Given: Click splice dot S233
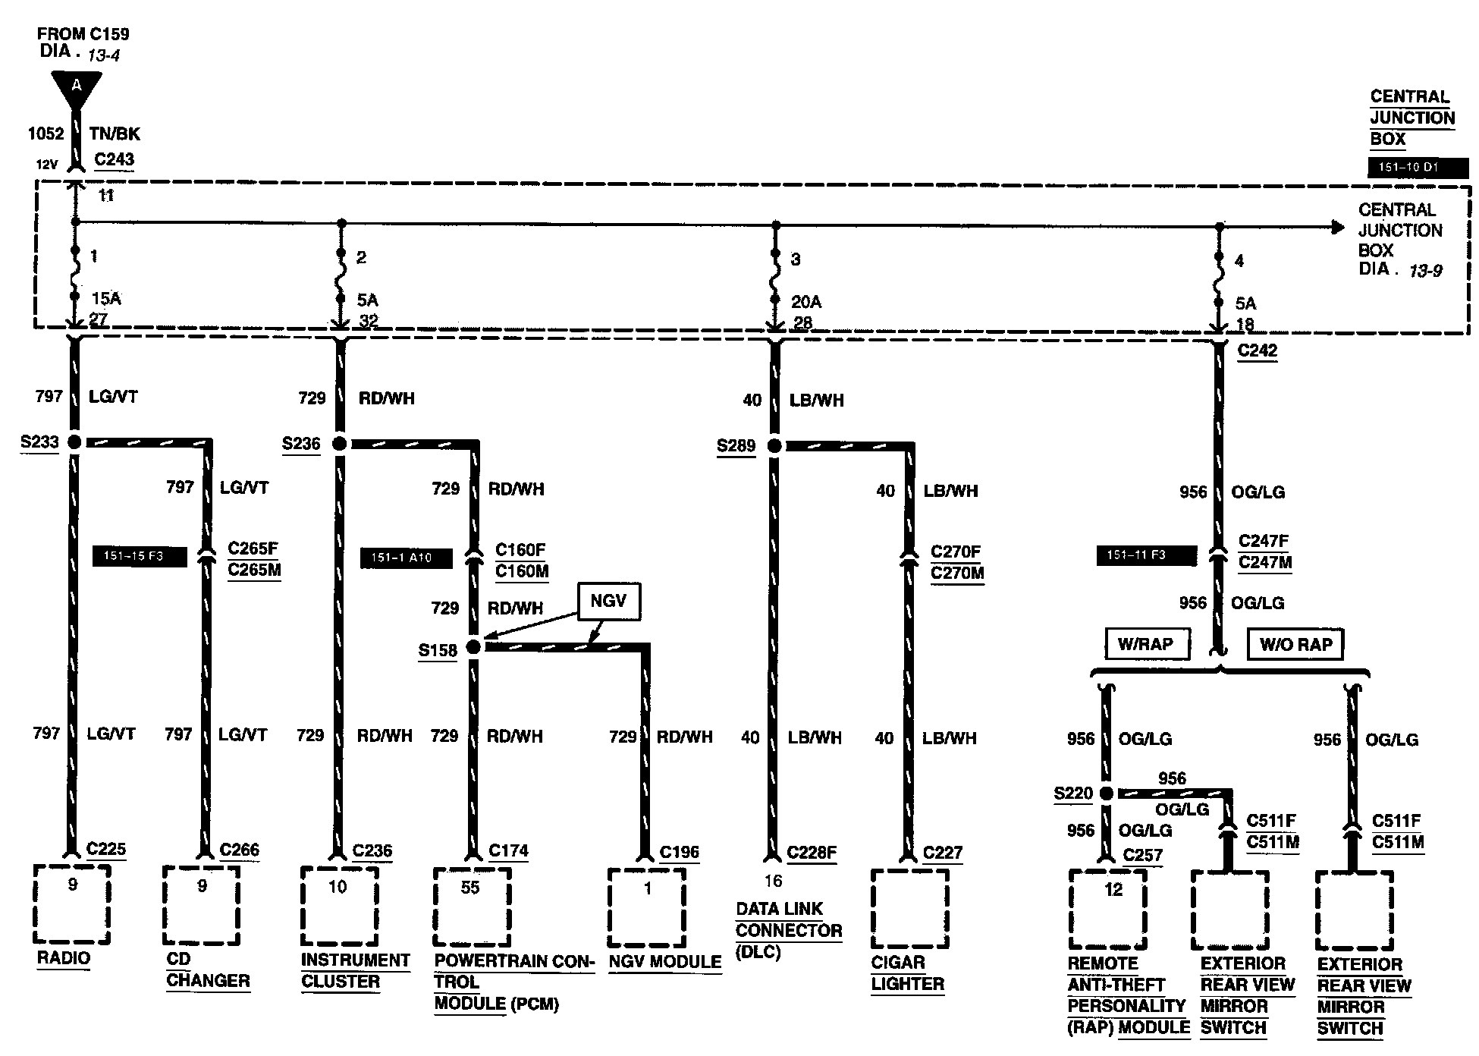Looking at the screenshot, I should click(74, 442).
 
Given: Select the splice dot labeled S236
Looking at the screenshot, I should click(340, 444).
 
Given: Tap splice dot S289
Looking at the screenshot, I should click(774, 446).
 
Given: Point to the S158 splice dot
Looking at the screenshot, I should click(473, 647).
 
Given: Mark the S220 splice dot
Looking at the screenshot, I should click(1106, 794).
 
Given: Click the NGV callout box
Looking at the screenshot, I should click(608, 601).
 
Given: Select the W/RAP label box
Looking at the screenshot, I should click(1145, 644).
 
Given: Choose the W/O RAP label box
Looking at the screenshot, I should click(1296, 644).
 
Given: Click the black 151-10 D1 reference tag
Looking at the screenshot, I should click(1417, 168).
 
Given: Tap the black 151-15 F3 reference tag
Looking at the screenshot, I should click(139, 556).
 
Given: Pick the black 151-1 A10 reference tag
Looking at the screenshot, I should click(407, 558).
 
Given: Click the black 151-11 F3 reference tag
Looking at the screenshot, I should click(1146, 555).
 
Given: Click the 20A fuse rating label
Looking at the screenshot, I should click(806, 302).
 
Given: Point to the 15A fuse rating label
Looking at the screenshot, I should click(106, 299).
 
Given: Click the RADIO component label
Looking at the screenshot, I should click(64, 958).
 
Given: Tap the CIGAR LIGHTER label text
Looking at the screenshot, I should click(908, 973).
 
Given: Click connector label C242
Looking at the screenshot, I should click(1257, 350).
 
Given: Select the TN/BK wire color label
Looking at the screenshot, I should click(115, 134).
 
